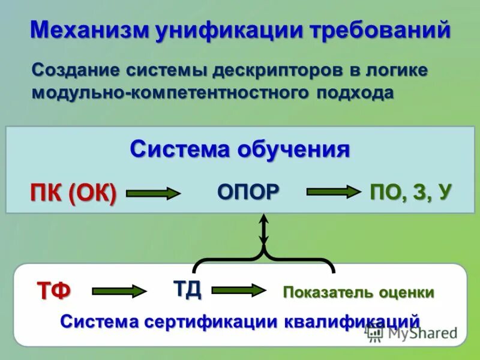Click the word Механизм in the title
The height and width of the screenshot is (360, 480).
pos(88,30)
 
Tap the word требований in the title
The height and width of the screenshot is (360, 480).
pos(380,30)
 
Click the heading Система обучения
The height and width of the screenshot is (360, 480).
pos(240,149)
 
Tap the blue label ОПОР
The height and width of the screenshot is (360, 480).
pos(248,191)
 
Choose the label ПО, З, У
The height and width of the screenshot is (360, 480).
pos(410,191)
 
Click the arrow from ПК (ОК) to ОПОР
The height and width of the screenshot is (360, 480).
pos(153,193)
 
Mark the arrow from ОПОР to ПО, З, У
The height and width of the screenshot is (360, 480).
pos(331,192)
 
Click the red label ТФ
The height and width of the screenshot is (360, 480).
pos(54,291)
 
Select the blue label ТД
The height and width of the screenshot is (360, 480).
pos(187,289)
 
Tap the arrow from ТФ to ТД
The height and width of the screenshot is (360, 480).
pos(119,292)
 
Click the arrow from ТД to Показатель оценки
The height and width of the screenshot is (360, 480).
pos(238,290)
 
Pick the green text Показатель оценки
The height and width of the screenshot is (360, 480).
pos(358,293)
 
